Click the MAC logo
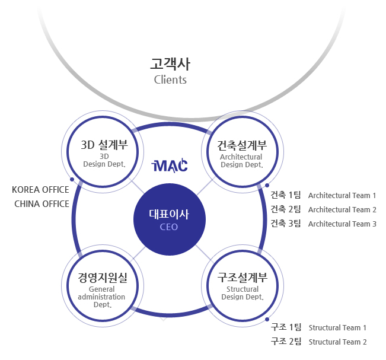pyautogui.click(x=170, y=165)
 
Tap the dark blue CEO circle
pyautogui.click(x=170, y=219)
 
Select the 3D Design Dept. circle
pyautogui.click(x=103, y=152)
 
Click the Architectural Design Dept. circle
pyautogui.click(x=243, y=152)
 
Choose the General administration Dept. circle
pyautogui.click(x=103, y=286)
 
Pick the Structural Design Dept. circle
pyautogui.click(x=243, y=286)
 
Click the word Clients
pyautogui.click(x=170, y=80)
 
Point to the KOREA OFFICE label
pyautogui.click(x=40, y=190)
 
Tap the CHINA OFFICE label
pyautogui.click(x=42, y=204)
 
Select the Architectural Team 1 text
pyautogui.click(x=342, y=196)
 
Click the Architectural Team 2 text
pyautogui.click(x=342, y=210)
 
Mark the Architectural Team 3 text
pyautogui.click(x=342, y=224)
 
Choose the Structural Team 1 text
pyautogui.click(x=337, y=328)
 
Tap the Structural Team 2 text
pyautogui.click(x=337, y=342)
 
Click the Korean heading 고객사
pyautogui.click(x=170, y=64)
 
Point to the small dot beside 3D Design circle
pyautogui.click(x=72, y=180)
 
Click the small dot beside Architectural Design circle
pyautogui.click(x=267, y=185)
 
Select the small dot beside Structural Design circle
pyautogui.click(x=267, y=319)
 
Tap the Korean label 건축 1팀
pyautogui.click(x=286, y=195)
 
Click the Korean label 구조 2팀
pyautogui.click(x=286, y=342)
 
